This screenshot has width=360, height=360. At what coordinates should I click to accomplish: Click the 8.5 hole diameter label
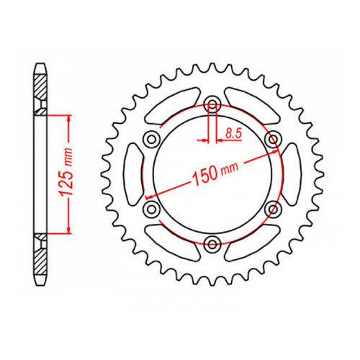(x=233, y=132)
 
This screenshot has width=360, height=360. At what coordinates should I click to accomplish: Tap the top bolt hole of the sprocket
(x=212, y=102)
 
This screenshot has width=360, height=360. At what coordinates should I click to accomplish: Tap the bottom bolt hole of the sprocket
(x=212, y=243)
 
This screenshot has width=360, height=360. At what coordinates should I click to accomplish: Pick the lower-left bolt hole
(x=151, y=208)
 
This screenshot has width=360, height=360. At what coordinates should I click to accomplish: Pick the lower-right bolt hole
(x=272, y=208)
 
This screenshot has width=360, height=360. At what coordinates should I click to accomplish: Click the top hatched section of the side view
(x=42, y=91)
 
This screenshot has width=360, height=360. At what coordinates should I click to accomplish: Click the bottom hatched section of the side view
(x=42, y=255)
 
